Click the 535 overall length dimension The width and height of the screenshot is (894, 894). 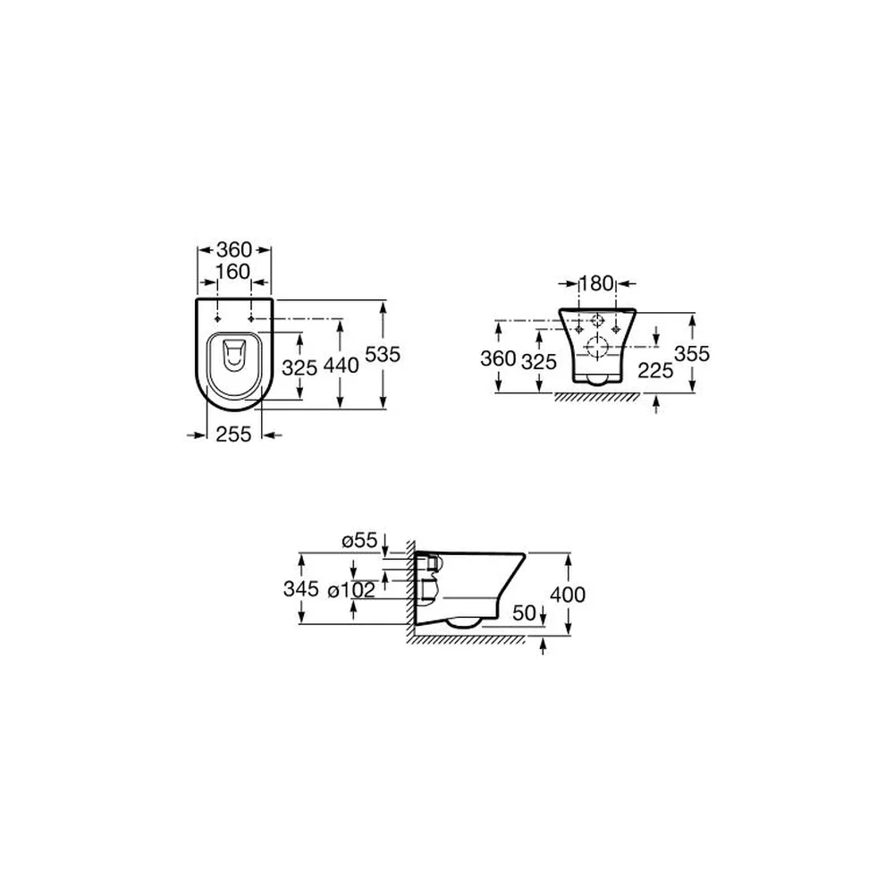[x=383, y=354]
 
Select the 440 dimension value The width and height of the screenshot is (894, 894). [x=341, y=366]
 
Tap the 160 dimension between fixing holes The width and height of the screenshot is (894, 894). [x=233, y=272]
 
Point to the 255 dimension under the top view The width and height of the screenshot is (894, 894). [x=233, y=434]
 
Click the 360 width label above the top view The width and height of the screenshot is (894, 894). [x=233, y=249]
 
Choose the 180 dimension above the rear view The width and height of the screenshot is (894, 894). [x=596, y=283]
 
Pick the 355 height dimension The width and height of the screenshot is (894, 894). [x=692, y=353]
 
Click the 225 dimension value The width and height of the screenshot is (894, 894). [x=655, y=371]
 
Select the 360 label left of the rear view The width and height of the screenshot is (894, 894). [x=498, y=358]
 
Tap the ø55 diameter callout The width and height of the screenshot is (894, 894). [x=359, y=540]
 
